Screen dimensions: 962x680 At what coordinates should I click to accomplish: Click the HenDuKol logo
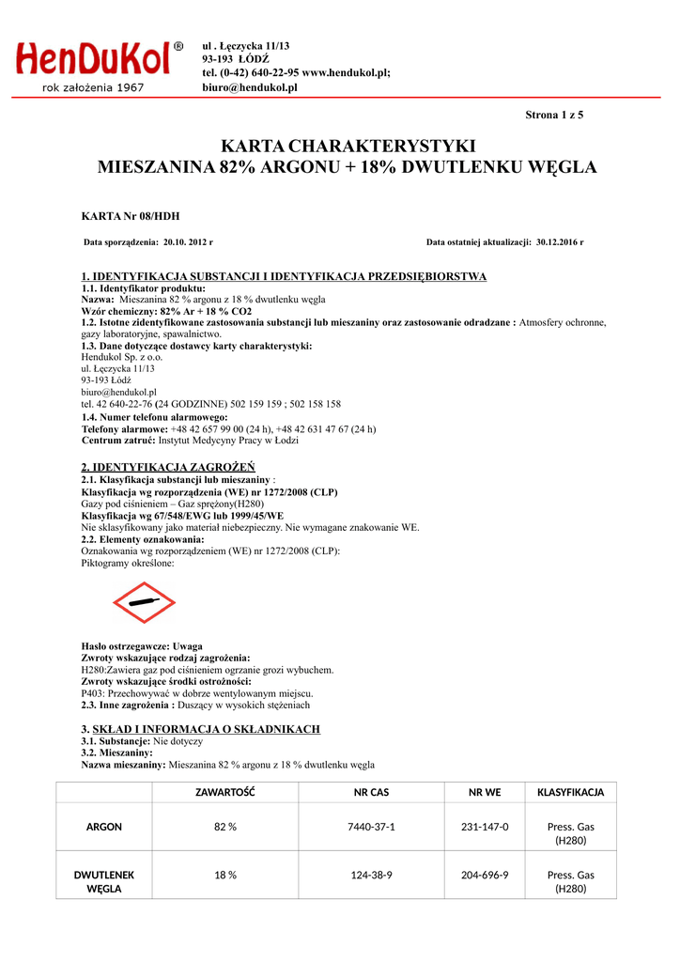[94, 60]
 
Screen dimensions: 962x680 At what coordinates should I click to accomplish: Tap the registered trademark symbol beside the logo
[178, 46]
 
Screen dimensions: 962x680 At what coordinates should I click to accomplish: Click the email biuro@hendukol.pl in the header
[250, 87]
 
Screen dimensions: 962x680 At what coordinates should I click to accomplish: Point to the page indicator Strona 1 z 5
[554, 116]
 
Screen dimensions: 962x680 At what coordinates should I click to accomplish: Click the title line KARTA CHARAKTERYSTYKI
[348, 147]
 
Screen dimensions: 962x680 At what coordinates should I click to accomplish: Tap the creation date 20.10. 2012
[184, 242]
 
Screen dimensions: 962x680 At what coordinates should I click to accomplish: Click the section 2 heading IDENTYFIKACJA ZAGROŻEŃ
[168, 467]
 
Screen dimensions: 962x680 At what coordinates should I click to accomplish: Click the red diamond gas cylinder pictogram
[144, 602]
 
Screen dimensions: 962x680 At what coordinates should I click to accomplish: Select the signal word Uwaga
[188, 647]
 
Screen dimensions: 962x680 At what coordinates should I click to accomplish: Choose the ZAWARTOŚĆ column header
[224, 792]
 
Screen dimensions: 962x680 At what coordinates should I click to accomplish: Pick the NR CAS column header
[371, 792]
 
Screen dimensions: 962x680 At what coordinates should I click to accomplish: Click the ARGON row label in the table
[103, 827]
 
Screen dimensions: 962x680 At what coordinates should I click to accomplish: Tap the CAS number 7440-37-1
[371, 827]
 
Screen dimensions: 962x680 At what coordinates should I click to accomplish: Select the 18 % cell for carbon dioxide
[224, 875]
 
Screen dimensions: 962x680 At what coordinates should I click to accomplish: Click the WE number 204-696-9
[485, 875]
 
